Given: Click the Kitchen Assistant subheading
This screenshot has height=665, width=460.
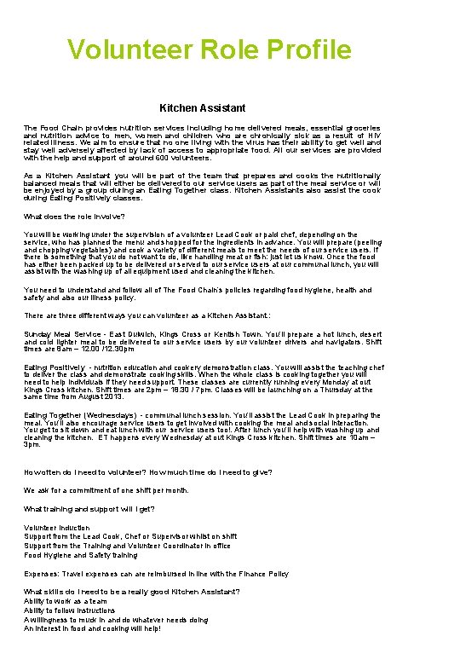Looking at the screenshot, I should pyautogui.click(x=203, y=108).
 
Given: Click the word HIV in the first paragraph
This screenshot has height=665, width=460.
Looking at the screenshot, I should pyautogui.click(x=373, y=136).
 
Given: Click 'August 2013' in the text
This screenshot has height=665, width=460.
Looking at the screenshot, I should pyautogui.click(x=123, y=396).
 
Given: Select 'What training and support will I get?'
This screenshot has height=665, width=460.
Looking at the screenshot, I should pyautogui.click(x=90, y=509).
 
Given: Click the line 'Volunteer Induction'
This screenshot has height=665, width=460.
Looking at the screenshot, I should pyautogui.click(x=56, y=528).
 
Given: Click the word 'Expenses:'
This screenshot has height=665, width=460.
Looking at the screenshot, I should pyautogui.click(x=42, y=574).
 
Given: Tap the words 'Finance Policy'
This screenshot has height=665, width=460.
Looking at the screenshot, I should pyautogui.click(x=262, y=574).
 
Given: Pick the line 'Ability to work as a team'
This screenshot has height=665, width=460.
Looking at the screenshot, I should pyautogui.click(x=66, y=601).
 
